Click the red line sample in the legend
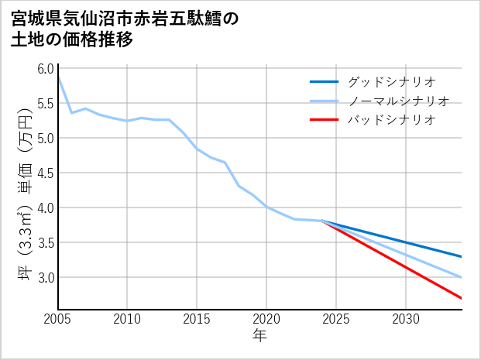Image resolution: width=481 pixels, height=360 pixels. coord(324,120)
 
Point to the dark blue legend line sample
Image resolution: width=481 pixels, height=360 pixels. coord(324,81)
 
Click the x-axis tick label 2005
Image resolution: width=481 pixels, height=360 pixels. coord(57,319)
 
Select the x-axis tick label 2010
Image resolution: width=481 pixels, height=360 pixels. coord(127,319)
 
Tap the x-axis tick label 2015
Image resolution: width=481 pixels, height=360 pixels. coord(197,319)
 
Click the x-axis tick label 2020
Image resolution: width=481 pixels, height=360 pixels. coord(266,319)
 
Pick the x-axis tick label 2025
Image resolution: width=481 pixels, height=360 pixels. coord(336,319)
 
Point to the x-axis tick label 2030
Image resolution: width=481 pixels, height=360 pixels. coord(406,319)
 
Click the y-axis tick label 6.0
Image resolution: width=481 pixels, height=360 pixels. coord(44,68)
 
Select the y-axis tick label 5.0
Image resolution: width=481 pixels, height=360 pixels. coord(44,138)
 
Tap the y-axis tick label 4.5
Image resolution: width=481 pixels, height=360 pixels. coord(44,173)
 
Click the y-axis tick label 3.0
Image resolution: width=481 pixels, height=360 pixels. coord(44,277)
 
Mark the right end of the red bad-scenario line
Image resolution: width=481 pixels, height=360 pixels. coord(462,298)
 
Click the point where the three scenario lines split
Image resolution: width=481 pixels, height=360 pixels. coord(322,221)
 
